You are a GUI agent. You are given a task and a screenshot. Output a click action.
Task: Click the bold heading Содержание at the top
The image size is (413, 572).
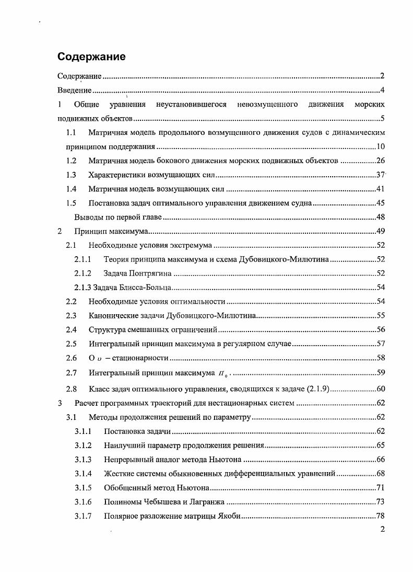tap(91, 56)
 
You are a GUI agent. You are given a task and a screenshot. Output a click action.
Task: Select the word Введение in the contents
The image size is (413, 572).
tap(74, 90)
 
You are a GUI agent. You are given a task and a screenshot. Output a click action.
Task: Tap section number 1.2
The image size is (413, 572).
tap(72, 161)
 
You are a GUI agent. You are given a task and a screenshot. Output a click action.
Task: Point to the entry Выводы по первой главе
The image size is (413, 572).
tap(118, 217)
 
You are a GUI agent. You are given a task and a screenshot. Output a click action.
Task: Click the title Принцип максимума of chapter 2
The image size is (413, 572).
tap(111, 231)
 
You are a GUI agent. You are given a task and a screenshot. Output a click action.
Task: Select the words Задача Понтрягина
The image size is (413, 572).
tap(138, 273)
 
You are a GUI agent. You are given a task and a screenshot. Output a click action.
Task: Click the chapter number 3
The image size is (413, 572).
tap(60, 403)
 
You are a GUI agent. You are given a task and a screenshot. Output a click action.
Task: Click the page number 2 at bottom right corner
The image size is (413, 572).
tap(382, 530)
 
